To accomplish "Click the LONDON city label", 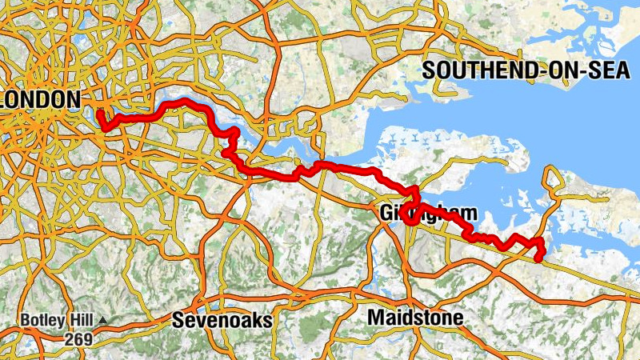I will [40, 99].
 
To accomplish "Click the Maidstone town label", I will [415, 318].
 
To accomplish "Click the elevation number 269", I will [79, 339].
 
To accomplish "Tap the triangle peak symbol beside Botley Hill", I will [104, 322].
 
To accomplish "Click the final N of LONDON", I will [73, 99].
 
